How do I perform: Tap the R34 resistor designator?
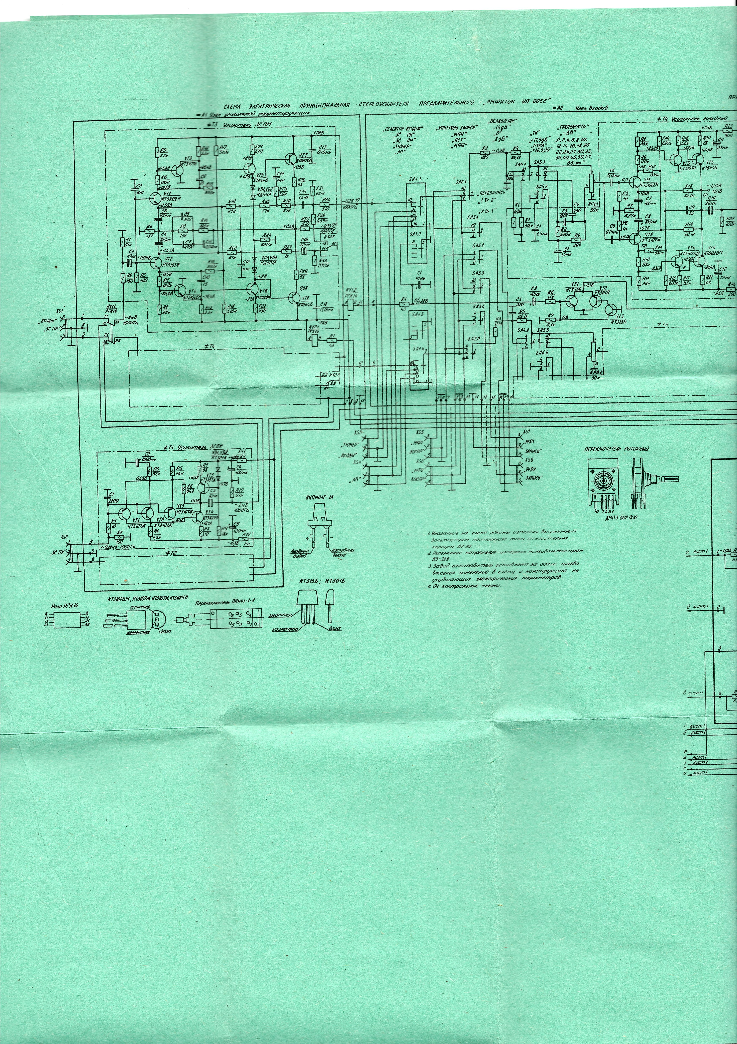click(325, 200)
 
